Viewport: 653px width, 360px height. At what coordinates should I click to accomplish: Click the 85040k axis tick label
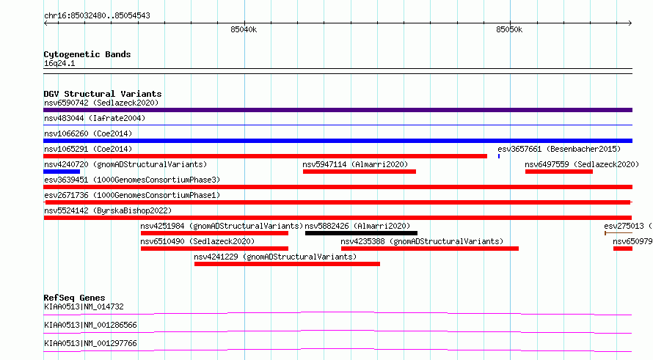click(x=244, y=30)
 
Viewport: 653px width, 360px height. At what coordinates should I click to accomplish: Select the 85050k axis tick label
click(x=509, y=30)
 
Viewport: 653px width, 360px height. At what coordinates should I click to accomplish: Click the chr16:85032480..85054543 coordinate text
click(x=97, y=16)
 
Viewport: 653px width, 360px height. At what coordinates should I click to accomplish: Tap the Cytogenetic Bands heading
click(x=87, y=54)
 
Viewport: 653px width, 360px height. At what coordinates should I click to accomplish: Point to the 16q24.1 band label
click(x=59, y=63)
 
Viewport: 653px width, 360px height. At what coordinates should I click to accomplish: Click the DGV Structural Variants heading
click(x=103, y=94)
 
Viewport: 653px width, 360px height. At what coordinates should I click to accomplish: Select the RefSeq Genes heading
click(x=75, y=298)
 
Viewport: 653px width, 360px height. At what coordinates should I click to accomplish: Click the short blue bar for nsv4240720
click(x=62, y=172)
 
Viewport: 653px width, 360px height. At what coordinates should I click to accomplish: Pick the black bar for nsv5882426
click(x=361, y=233)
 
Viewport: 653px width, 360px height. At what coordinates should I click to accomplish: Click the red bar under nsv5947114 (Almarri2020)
click(x=360, y=172)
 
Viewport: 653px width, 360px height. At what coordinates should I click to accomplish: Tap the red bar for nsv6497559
click(x=559, y=172)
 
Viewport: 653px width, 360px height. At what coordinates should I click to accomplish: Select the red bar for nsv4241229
click(x=287, y=264)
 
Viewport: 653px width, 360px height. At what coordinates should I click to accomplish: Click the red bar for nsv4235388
click(x=430, y=249)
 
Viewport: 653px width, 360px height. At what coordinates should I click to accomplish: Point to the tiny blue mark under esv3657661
click(x=499, y=156)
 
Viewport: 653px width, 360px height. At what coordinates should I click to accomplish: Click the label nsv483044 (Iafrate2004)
click(x=95, y=118)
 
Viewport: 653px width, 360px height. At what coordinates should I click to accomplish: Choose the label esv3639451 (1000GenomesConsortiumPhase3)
click(x=132, y=180)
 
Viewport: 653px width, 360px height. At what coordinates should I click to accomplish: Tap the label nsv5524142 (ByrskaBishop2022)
click(x=108, y=210)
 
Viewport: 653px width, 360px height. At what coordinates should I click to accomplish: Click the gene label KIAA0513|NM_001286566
click(x=90, y=325)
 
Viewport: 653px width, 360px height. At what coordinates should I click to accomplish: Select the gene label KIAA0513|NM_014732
click(x=84, y=306)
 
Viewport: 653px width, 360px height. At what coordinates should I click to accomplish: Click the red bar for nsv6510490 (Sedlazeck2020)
click(x=214, y=249)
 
